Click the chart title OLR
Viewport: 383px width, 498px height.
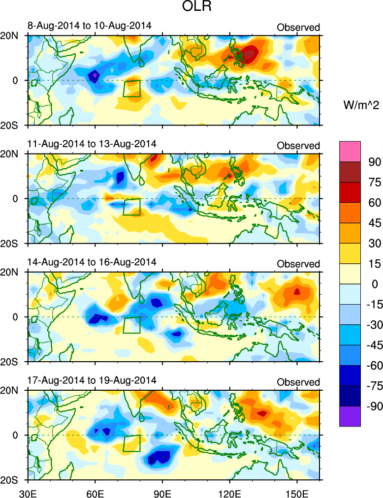coord(174,9)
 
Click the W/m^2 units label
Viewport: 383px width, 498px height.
coord(360,105)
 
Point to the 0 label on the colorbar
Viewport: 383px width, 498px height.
coord(365,284)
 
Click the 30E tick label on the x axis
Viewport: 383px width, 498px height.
coord(27,492)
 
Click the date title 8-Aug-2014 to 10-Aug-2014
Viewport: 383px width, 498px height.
coord(90,26)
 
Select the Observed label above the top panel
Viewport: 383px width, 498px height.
coord(298,27)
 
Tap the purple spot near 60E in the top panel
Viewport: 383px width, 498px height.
coord(95,75)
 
